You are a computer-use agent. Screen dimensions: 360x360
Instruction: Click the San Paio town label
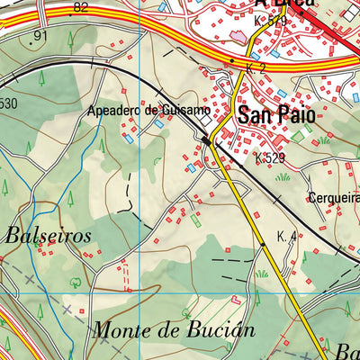[x=274, y=115]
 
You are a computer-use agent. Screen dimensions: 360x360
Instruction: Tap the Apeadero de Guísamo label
[x=149, y=110]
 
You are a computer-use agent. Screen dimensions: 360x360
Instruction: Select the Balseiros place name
[x=49, y=235]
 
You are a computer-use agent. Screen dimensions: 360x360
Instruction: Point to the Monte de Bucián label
[x=166, y=329]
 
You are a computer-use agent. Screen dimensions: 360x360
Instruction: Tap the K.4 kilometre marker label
[x=287, y=237]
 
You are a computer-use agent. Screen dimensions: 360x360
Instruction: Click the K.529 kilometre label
[x=270, y=158]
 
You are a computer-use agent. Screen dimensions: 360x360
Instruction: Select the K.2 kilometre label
[x=256, y=68]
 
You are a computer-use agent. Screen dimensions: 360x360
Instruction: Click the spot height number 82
[x=81, y=8]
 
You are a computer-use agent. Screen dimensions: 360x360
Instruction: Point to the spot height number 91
[x=38, y=36]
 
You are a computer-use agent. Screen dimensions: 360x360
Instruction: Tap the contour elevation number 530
[x=8, y=103]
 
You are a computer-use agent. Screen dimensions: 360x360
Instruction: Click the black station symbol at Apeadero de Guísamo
[x=206, y=140]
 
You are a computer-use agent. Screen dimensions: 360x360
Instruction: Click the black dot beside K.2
[x=232, y=61]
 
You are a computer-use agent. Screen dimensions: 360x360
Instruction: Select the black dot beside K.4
[x=263, y=243]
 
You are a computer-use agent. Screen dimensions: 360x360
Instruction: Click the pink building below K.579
[x=238, y=35]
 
